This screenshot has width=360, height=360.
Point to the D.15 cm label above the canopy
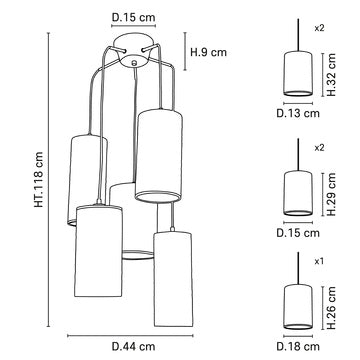pos(132,17)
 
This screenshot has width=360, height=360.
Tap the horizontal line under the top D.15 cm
pos(133,28)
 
